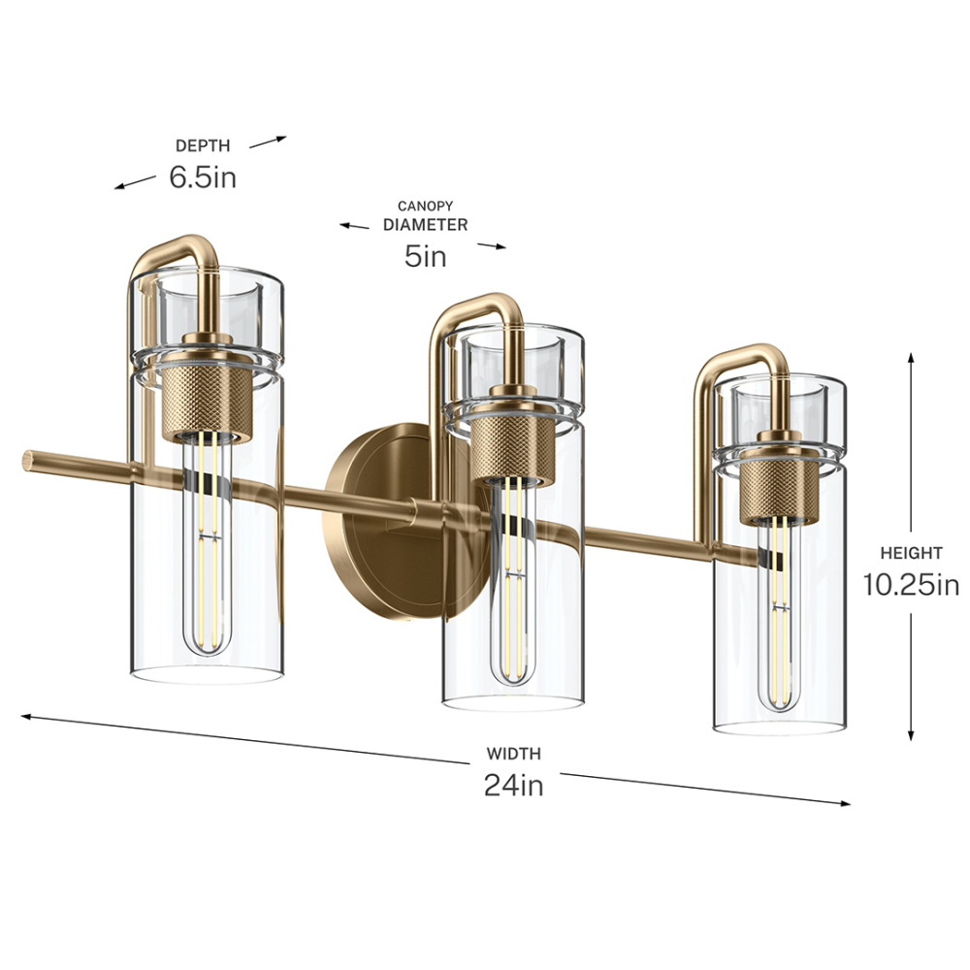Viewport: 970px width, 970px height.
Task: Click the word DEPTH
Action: point(203,146)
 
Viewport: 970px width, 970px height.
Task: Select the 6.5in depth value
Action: point(203,178)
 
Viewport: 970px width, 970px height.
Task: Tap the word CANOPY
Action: point(425,206)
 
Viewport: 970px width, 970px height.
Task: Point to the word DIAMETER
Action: point(425,225)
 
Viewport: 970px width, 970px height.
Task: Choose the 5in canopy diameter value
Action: point(426,256)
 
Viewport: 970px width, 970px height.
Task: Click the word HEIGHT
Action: point(911,553)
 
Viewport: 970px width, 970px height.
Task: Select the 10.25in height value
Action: point(911,585)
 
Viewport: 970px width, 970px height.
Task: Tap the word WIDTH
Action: point(513,754)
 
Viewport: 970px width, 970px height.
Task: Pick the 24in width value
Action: point(513,785)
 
